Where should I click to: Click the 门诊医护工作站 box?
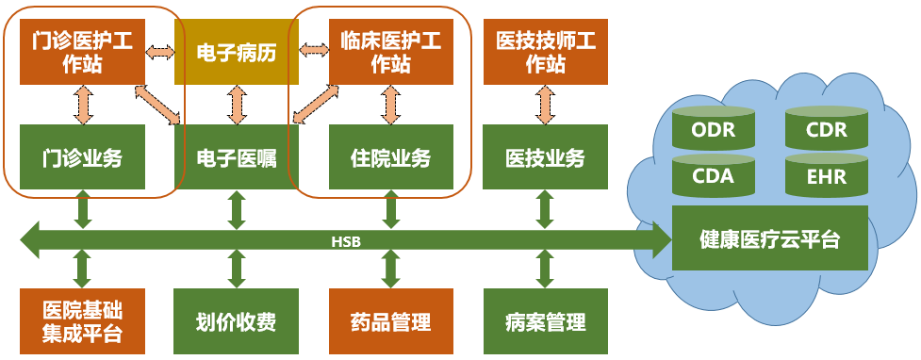click(x=82, y=52)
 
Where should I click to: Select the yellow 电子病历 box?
click(x=237, y=52)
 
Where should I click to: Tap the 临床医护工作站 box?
click(x=390, y=52)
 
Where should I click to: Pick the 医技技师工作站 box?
click(x=545, y=52)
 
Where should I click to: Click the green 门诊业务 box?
click(x=82, y=156)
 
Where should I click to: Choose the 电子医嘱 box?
click(x=237, y=156)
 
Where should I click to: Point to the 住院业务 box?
click(x=390, y=156)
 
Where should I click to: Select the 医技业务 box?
click(x=545, y=156)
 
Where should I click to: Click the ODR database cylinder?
click(x=713, y=128)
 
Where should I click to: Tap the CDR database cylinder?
click(x=827, y=128)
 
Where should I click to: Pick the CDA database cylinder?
click(x=713, y=175)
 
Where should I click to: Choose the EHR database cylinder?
click(x=827, y=175)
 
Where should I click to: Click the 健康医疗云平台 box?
click(x=770, y=237)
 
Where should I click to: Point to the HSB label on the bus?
click(x=345, y=239)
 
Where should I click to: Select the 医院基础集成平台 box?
click(x=82, y=321)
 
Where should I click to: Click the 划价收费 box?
click(x=237, y=321)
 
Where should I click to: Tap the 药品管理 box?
click(x=390, y=321)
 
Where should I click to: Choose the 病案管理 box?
click(x=545, y=321)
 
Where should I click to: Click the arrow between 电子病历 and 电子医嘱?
click(x=237, y=105)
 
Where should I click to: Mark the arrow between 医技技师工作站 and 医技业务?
click(x=545, y=105)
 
